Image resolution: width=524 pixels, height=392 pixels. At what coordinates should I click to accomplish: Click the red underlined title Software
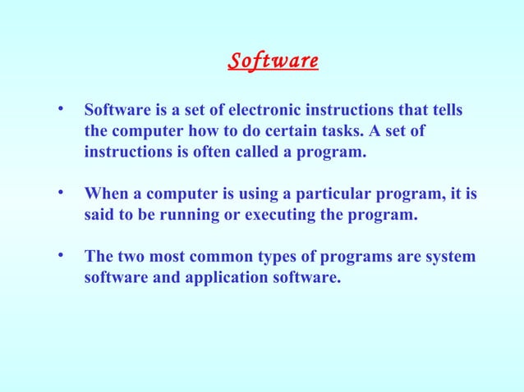273,62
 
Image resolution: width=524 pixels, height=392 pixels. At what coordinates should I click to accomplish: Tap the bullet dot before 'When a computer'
61,194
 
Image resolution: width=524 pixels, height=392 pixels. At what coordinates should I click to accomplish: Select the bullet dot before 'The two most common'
61,256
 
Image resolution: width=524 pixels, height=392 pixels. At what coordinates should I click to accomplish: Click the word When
105,194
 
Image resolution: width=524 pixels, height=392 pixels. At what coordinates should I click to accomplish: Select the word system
449,258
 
